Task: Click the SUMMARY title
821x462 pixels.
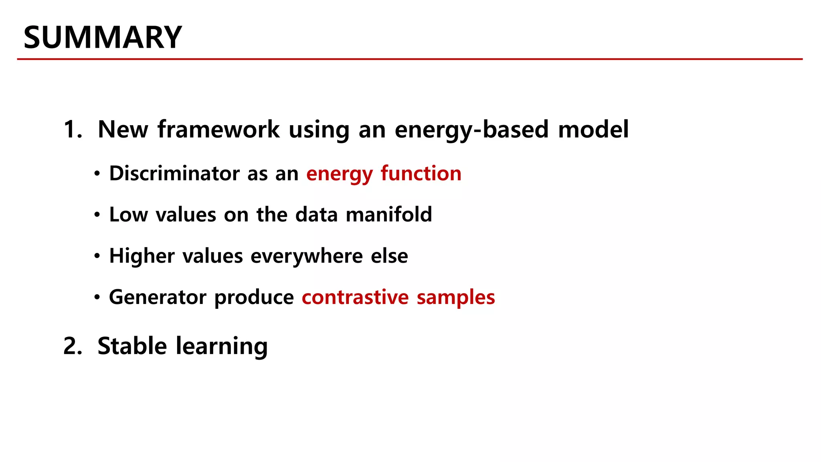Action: click(x=103, y=37)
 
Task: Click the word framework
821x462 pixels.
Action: click(x=218, y=130)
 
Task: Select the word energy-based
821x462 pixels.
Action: click(x=471, y=130)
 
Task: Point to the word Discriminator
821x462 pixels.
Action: click(x=174, y=174)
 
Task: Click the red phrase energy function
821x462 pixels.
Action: click(x=384, y=174)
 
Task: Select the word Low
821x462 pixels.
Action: click(x=129, y=215)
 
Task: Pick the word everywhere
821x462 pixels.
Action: click(x=307, y=256)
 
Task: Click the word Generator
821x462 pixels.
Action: click(x=158, y=297)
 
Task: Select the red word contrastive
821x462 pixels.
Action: click(x=355, y=297)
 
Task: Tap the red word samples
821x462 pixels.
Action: click(x=456, y=297)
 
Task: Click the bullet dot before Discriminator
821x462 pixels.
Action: click(x=97, y=174)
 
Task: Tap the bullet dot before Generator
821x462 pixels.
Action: click(x=97, y=298)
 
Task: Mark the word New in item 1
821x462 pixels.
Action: click(x=123, y=130)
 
